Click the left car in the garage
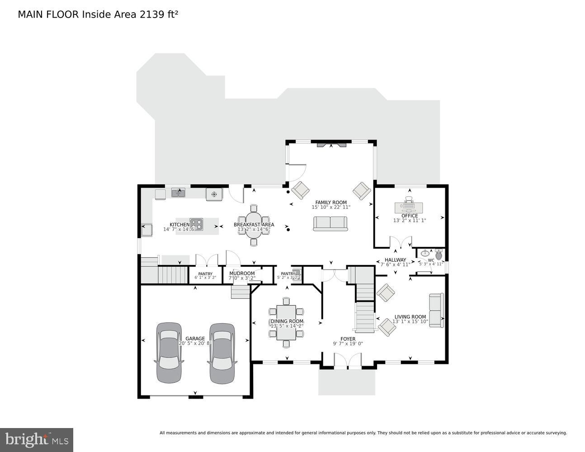point(169,353)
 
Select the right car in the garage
point(222,353)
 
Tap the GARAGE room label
point(195,339)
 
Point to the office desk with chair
point(409,207)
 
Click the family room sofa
point(330,223)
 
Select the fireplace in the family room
point(331,145)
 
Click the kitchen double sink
point(178,193)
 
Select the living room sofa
point(436,311)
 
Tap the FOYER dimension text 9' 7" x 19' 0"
point(348,344)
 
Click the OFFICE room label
point(409,216)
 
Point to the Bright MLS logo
point(37,439)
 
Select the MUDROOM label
point(242,273)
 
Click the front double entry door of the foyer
point(348,362)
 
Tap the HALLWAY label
point(395,260)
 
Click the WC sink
point(425,254)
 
